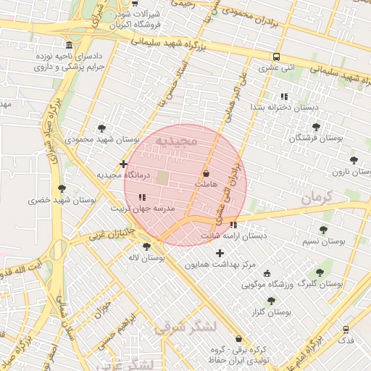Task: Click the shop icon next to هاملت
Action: pos(207,174)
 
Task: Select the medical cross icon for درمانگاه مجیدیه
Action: pos(124,164)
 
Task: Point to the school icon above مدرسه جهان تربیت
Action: pos(142,196)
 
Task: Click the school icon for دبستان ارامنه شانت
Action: pos(233,225)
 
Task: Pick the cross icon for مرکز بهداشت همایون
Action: pos(220,253)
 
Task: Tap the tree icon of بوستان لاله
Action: pos(147,246)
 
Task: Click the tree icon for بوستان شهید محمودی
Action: pos(101,128)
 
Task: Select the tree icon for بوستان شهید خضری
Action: pos(62,188)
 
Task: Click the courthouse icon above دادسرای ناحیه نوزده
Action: pos(69,45)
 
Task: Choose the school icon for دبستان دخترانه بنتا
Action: pos(283,96)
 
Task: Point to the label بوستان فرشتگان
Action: pos(316,137)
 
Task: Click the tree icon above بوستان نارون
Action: pos(354,160)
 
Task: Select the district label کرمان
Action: pos(316,196)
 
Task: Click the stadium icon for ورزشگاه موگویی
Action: pos(267,273)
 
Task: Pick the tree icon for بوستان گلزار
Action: pos(271,301)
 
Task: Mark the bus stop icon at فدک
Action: pos(346,328)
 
